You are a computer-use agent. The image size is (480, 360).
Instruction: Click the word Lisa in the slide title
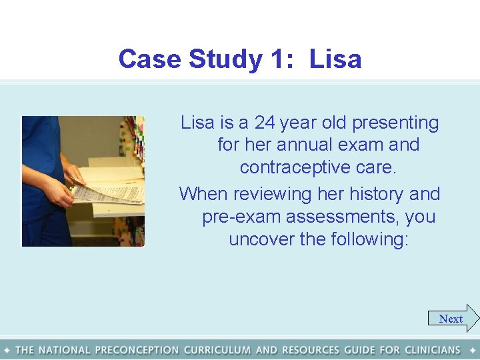coord(335,59)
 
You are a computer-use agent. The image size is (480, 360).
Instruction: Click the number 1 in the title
coord(277,59)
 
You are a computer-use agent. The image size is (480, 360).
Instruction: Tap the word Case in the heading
coord(151,59)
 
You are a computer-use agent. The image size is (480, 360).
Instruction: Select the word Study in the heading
coord(225,59)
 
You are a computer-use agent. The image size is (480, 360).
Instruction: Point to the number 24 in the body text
coord(265,123)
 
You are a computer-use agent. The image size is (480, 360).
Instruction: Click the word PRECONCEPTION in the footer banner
coord(137,349)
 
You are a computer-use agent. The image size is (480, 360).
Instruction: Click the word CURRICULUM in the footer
coord(217,349)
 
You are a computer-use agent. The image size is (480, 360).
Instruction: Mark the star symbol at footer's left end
coord(6,349)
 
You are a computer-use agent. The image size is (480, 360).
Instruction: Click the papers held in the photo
coord(110,190)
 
